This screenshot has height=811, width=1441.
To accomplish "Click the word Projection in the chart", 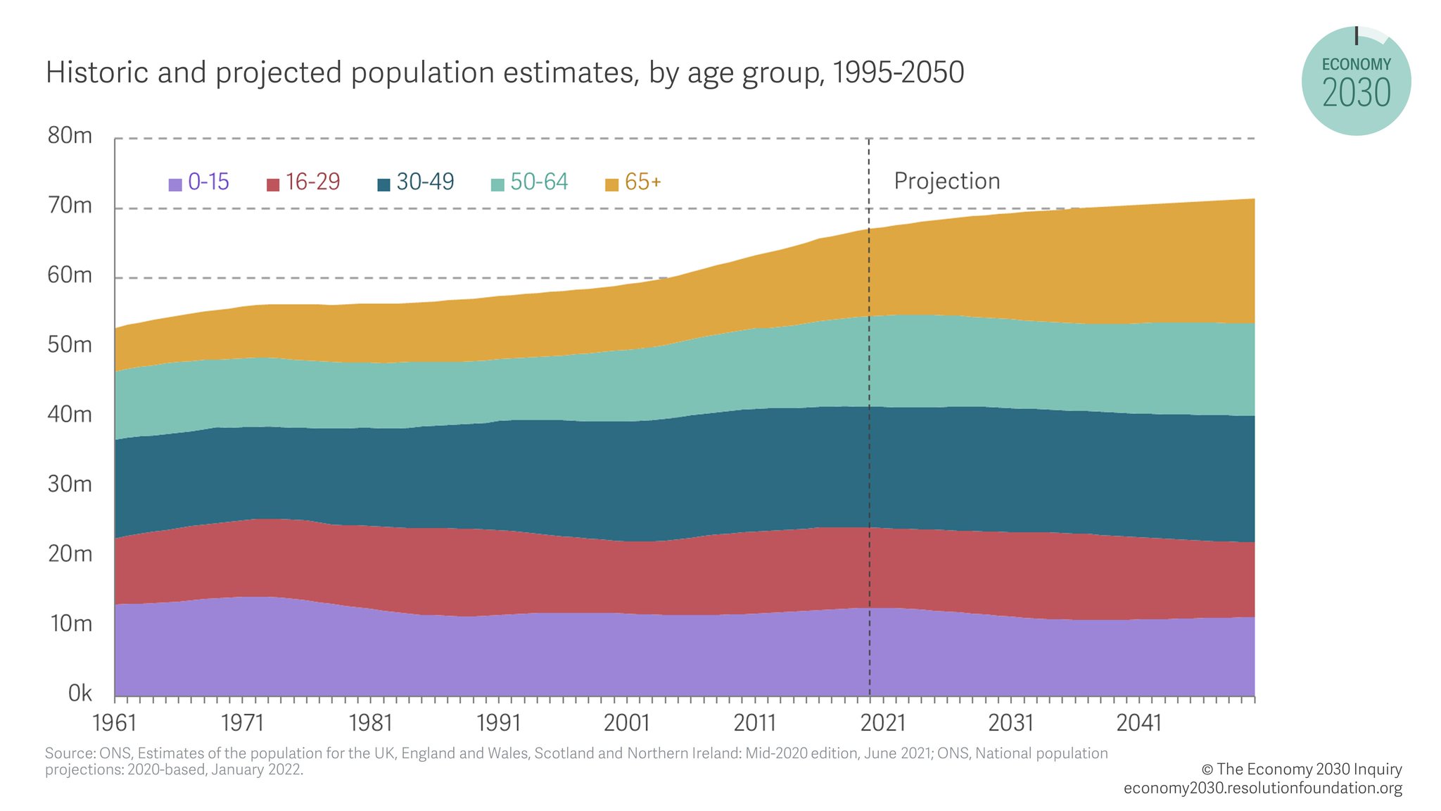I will click(946, 182).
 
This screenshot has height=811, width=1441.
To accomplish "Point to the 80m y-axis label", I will click(70, 136).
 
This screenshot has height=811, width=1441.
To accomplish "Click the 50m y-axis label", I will click(70, 345).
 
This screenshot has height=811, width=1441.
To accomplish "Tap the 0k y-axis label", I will click(80, 693).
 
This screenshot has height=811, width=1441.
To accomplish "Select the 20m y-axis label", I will click(70, 554).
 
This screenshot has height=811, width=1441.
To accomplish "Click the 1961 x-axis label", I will click(115, 723).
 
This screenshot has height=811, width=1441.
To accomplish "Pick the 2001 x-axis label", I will click(627, 723).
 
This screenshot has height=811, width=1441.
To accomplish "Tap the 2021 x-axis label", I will click(882, 723).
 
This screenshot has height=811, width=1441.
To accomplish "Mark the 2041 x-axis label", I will click(1138, 723).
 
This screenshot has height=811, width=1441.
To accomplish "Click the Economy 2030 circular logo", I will click(1356, 82).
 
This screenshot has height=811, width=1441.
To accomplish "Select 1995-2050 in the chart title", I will click(898, 73).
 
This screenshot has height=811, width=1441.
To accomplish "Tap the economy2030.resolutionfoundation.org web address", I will click(1262, 788).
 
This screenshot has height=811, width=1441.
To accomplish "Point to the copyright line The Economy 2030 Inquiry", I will click(1301, 769).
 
